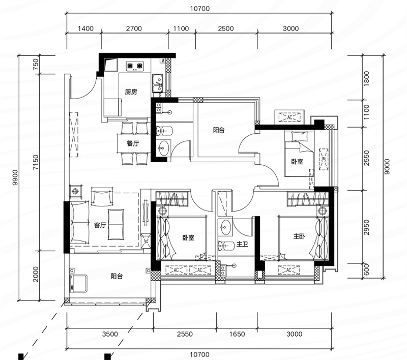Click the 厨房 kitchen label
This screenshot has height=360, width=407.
pos(131,92)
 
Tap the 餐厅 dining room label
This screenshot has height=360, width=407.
pos(133,143)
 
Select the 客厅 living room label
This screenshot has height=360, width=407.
pos(100,225)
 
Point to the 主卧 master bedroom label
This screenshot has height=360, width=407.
pos(299,236)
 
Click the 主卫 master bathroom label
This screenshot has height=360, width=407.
pos(242,244)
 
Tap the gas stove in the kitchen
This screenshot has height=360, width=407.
pos(135,66)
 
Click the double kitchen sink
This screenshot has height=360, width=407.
pos(158,83)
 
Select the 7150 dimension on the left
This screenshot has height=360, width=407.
pos(36,162)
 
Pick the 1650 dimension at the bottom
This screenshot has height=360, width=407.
pos(237,334)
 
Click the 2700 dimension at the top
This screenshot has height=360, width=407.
pos(134,28)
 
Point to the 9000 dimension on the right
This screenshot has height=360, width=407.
pos(387,166)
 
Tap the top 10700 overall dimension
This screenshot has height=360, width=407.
pos(199,9)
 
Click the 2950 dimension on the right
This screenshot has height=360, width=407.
pos(366,227)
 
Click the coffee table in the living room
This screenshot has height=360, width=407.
pos(116,225)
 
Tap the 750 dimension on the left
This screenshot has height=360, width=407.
pos(36,65)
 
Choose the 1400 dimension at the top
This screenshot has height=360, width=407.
pos(85,28)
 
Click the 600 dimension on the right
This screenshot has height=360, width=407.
pos(366,270)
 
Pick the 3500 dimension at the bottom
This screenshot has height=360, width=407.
pos(110,334)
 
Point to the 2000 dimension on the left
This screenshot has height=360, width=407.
pos(36,274)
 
